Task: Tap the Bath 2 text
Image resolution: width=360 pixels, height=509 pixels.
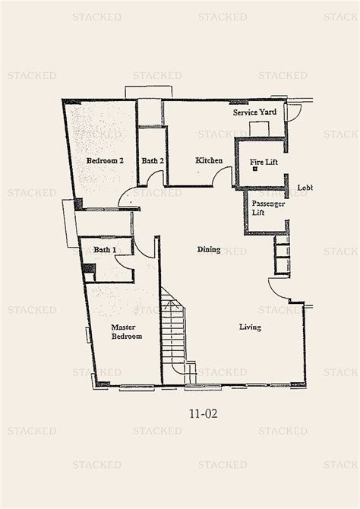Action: [x=153, y=161]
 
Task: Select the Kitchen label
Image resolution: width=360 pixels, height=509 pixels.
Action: [x=208, y=161]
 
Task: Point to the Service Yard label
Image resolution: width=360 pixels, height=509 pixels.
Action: [x=254, y=112]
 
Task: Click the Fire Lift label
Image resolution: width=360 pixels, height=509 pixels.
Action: [x=264, y=161]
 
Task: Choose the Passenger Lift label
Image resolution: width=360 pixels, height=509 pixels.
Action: [x=266, y=208]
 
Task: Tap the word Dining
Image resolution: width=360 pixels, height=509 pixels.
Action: [x=209, y=249]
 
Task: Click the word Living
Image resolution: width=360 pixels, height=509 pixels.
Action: [x=250, y=327]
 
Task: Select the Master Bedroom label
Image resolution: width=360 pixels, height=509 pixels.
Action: [x=126, y=332]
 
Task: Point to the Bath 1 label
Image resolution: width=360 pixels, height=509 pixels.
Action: [x=105, y=249]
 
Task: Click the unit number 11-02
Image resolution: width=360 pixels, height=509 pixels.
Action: [x=201, y=416]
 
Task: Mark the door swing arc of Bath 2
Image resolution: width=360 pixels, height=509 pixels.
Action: [x=155, y=179]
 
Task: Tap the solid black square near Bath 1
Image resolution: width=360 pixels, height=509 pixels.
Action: [x=88, y=269]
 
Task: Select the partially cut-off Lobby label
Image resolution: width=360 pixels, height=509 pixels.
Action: [x=305, y=188]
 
